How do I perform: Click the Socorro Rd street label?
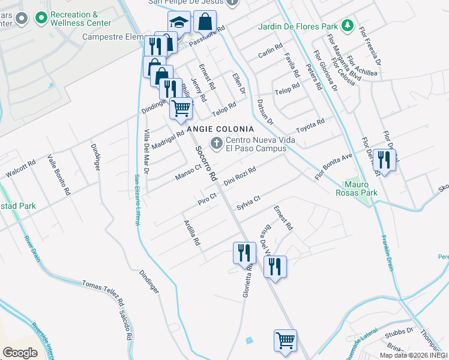(x=205, y=163)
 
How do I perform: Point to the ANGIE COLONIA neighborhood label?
(x=220, y=129)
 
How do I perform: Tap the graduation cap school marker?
(x=178, y=23)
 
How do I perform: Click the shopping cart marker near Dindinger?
(x=181, y=109)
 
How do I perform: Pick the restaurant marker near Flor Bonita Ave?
(x=384, y=159)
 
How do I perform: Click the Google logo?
(x=19, y=353)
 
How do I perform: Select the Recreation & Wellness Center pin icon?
(x=41, y=19)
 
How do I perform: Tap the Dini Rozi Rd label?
(x=240, y=176)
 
